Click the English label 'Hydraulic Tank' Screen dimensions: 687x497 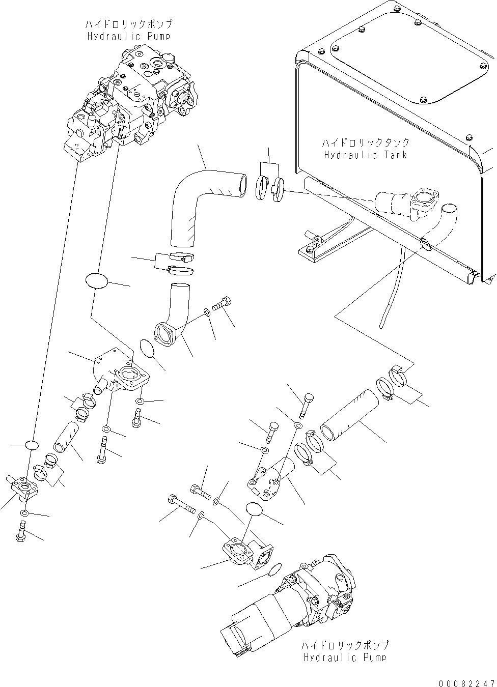click(365, 155)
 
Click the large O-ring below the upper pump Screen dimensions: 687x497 click(97, 282)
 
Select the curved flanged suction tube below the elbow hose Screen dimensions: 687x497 click(171, 316)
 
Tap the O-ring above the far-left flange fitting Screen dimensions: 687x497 click(32, 445)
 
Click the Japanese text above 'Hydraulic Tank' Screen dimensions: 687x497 click(365, 143)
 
